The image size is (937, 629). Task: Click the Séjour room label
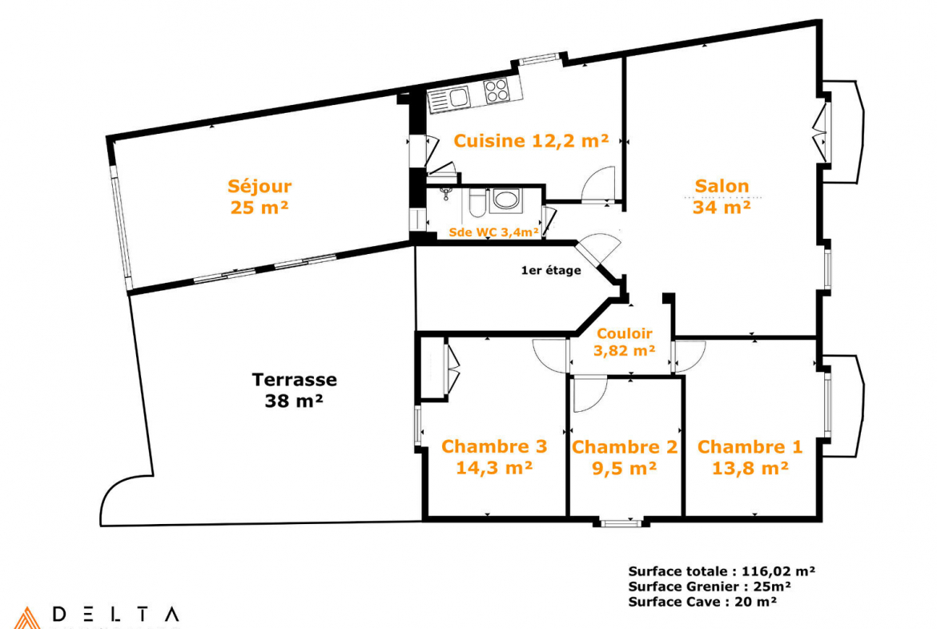[259, 186]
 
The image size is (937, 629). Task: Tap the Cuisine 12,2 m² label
[531, 140]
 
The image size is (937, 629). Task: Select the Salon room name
[722, 185]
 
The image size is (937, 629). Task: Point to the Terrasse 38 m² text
[294, 390]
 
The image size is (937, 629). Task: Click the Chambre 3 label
[494, 446]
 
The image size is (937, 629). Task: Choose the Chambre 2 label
[625, 446]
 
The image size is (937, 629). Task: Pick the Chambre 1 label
[750, 446]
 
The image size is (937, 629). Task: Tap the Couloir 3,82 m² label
[625, 342]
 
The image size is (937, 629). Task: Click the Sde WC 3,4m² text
[493, 232]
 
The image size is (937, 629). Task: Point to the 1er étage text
[551, 270]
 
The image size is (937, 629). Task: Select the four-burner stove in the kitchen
[497, 91]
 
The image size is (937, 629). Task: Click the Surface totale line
[722, 571]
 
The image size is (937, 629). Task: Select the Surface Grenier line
[710, 587]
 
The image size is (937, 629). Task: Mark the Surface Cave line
[702, 602]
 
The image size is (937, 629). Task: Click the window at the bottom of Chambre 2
[621, 524]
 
